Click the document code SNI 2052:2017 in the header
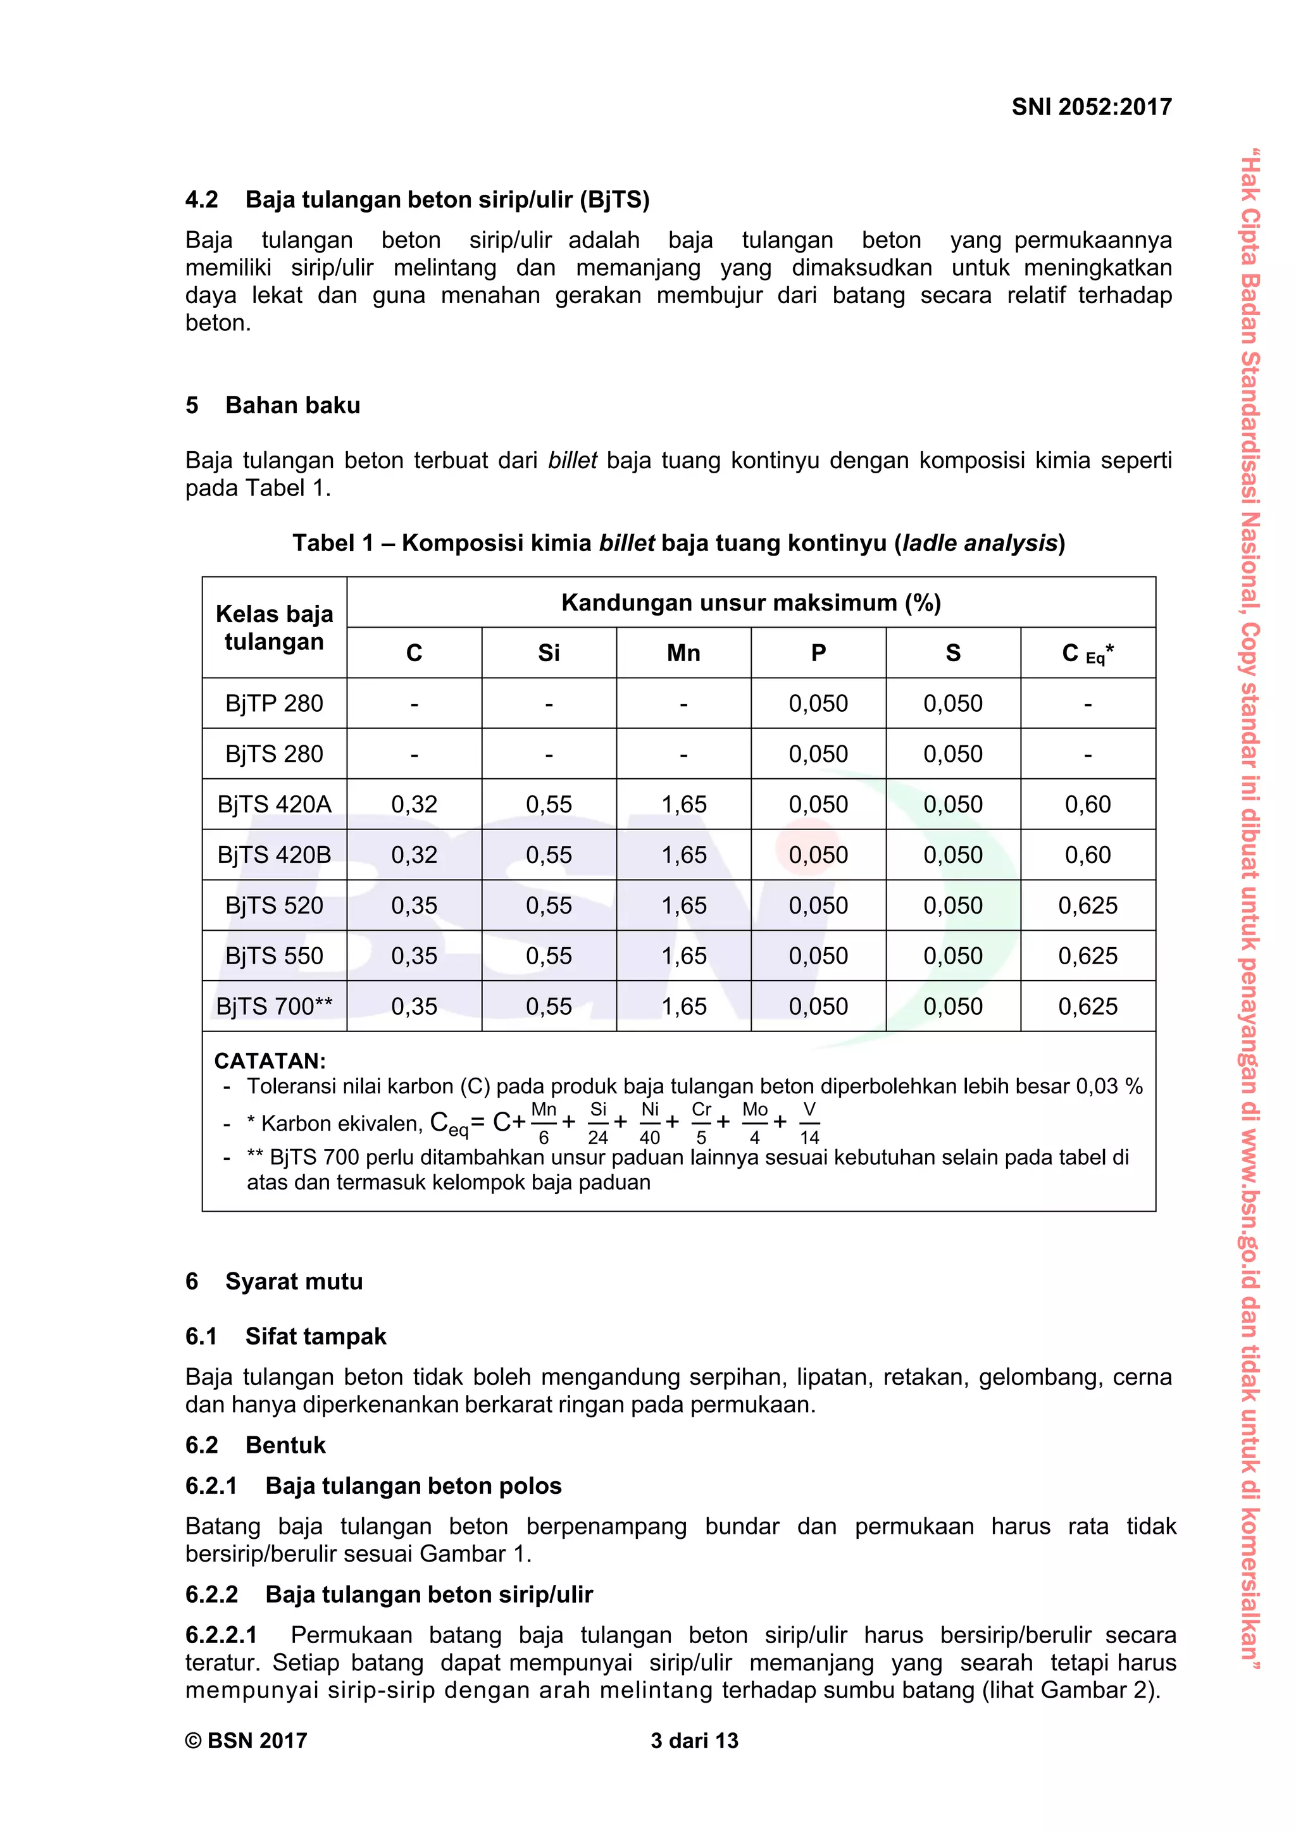click(1091, 107)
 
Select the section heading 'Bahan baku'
click(292, 406)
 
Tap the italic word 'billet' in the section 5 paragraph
click(571, 461)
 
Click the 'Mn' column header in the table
click(683, 653)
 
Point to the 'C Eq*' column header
click(1088, 653)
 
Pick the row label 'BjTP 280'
click(274, 704)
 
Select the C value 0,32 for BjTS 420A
click(414, 804)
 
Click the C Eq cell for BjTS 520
click(1088, 905)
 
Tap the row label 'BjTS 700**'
click(274, 1006)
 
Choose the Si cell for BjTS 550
click(549, 955)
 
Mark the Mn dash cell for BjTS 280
click(683, 754)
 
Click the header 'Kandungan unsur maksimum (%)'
click(751, 603)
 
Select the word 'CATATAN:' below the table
click(270, 1060)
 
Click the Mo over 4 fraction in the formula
click(754, 1122)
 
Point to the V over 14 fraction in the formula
click(809, 1122)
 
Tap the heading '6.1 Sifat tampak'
click(286, 1336)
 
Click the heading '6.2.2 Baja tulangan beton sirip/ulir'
click(389, 1594)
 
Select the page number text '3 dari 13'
click(694, 1741)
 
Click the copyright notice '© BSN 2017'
click(246, 1741)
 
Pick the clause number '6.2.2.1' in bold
click(221, 1635)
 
